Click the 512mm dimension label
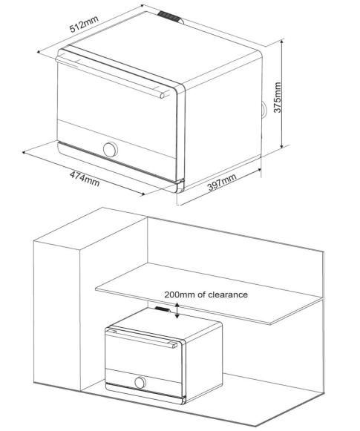click(84, 24)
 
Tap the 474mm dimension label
click(85, 178)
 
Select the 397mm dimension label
click(222, 182)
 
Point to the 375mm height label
click(278, 97)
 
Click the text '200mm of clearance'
click(206, 295)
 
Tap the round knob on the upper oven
click(111, 149)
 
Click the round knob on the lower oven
click(140, 382)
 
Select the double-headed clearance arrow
click(177, 310)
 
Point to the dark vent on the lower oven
click(163, 309)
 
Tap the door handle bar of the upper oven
click(110, 77)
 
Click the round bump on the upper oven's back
click(264, 109)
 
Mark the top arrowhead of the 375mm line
click(281, 42)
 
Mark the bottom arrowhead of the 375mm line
click(281, 145)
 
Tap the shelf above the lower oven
click(209, 293)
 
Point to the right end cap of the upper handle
click(163, 96)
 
